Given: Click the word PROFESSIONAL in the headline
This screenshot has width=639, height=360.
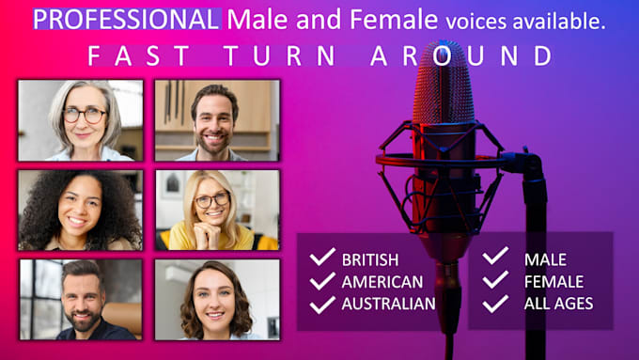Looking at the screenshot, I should (127, 18).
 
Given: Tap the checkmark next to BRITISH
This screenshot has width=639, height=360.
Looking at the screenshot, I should (322, 258).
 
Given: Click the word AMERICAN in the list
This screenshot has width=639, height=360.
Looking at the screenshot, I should (382, 281).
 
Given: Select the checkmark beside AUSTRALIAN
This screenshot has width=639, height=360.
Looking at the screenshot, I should (322, 303).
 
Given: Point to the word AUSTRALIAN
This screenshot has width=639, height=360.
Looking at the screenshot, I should (388, 303).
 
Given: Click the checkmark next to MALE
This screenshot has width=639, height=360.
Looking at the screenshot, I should (495, 258).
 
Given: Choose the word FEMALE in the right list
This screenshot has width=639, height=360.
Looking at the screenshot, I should (553, 281).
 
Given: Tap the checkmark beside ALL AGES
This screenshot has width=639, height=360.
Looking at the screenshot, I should (495, 303).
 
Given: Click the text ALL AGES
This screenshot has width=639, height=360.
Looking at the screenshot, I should (558, 303).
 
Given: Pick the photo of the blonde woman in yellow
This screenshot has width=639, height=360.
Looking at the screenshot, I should (217, 210).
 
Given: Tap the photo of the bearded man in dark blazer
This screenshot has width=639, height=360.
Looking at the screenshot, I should (81, 299).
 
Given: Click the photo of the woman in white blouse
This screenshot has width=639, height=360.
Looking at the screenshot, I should (217, 299).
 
